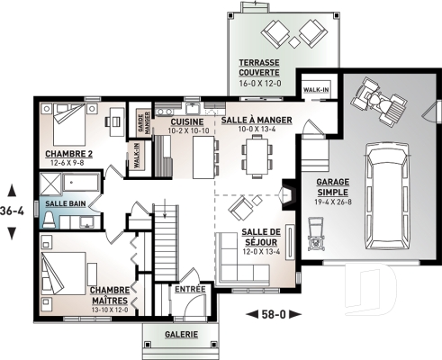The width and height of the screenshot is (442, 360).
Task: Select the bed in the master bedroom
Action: pyautogui.click(x=67, y=267)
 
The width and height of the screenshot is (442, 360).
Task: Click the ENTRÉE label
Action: pyautogui.click(x=190, y=290)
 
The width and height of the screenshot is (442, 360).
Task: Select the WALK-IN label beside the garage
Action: pyautogui.click(x=315, y=91)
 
